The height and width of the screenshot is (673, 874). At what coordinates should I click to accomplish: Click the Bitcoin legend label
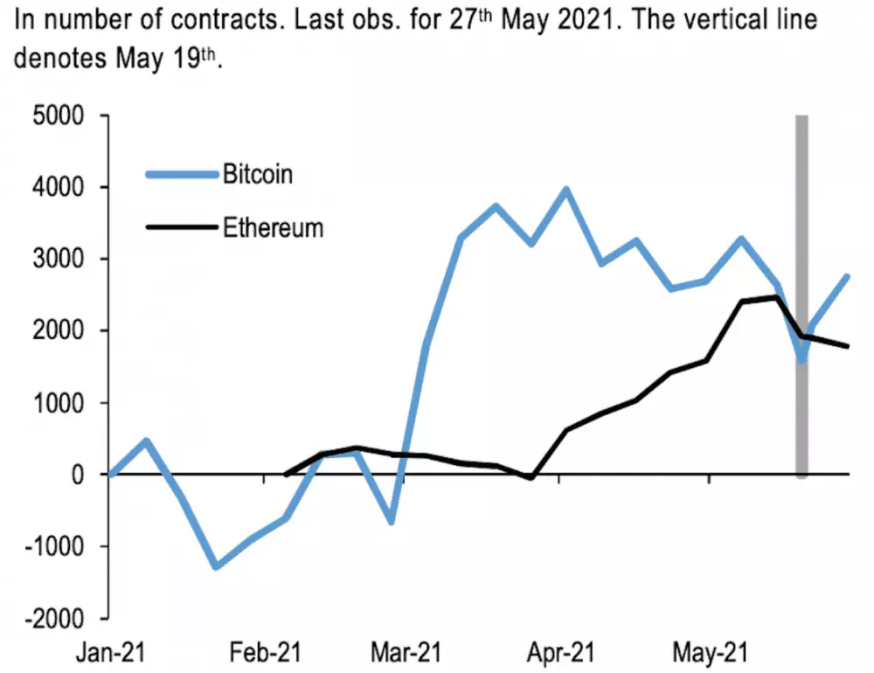click(x=258, y=173)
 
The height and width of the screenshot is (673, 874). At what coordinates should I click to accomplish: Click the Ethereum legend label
click(x=273, y=228)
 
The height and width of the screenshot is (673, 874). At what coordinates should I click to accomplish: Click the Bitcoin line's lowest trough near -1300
click(x=216, y=566)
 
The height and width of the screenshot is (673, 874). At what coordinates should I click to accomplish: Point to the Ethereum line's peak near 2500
click(x=776, y=297)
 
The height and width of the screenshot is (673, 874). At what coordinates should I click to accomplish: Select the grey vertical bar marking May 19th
click(x=801, y=297)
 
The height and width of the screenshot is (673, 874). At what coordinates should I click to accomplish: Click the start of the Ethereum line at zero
click(x=286, y=475)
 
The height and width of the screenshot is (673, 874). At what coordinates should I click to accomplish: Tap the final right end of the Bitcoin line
click(x=847, y=277)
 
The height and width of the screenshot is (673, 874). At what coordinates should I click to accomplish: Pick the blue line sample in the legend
click(x=180, y=174)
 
